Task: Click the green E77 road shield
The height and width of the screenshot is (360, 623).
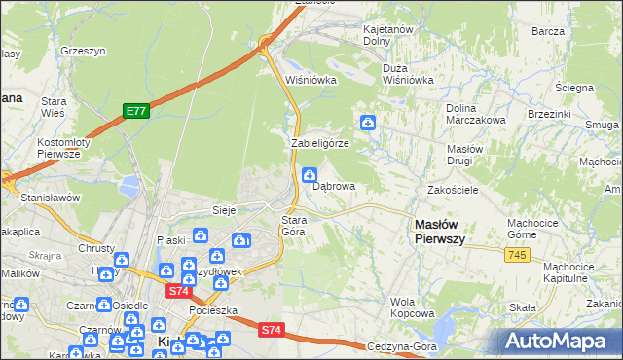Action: (136, 112)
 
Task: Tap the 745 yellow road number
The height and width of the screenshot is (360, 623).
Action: (517, 254)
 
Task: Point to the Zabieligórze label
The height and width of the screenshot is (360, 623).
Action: (320, 143)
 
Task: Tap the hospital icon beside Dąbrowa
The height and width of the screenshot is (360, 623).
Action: (310, 176)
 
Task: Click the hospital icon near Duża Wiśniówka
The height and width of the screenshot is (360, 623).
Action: (369, 122)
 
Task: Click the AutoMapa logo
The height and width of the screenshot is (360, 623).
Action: (562, 342)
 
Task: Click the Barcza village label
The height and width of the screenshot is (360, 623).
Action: (549, 31)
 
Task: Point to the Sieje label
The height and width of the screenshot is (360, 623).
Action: (226, 209)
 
